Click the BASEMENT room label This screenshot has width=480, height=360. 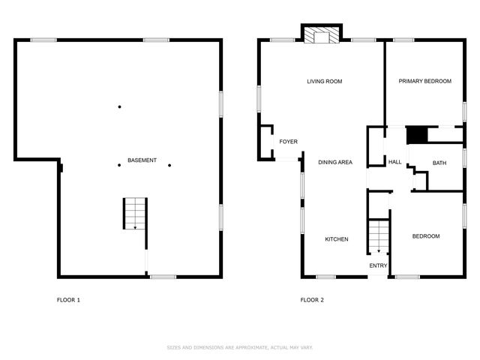coord(142,161)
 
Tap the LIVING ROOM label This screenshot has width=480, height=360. coord(324,81)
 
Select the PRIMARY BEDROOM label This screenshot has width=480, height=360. coord(424,81)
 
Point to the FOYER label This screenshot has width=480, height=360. coord(289,142)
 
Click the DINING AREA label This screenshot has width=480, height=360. coord(335,162)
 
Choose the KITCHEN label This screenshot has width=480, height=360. coord(335,239)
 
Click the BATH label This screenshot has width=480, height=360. coord(439,162)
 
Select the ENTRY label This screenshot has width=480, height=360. coord(378,265)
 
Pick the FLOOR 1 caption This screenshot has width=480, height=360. coord(68,300)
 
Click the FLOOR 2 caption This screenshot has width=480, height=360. coord(312,300)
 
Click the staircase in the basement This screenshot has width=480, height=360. coord(135,214)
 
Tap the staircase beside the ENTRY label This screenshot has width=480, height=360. coord(379,236)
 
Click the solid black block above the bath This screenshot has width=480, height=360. coord(416,135)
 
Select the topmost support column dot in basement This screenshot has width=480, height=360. coord(119,106)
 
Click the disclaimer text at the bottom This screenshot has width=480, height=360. coord(239,347)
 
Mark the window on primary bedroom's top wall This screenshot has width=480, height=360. coord(404,40)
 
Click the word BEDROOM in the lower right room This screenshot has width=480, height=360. coord(426,236)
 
